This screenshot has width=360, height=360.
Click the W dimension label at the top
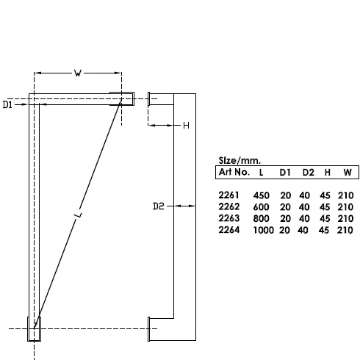78,73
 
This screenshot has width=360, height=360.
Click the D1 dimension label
8,106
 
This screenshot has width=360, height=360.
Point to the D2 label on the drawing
157,207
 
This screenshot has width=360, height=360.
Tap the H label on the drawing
186,126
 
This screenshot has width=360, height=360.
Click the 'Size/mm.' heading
240,159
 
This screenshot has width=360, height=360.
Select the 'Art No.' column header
233,172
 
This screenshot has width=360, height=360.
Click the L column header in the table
261,172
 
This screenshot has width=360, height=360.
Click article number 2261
229,195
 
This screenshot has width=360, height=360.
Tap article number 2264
229,231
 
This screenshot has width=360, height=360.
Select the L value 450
262,195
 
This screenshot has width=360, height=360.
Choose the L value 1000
264,231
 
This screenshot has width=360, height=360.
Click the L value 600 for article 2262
262,207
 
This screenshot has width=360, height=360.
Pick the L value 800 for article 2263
262,219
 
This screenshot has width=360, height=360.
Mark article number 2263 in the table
229,219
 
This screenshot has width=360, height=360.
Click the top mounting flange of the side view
150,98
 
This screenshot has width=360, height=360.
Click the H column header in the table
327,172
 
